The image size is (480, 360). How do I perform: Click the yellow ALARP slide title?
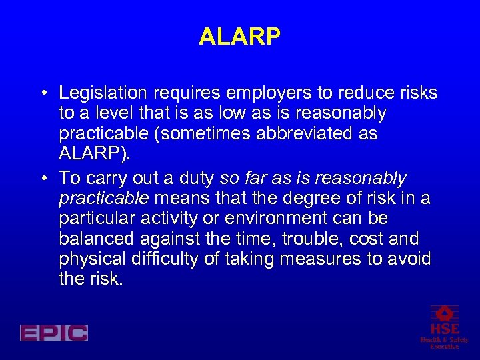point(239,37)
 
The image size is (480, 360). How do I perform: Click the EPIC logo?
point(53,333)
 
